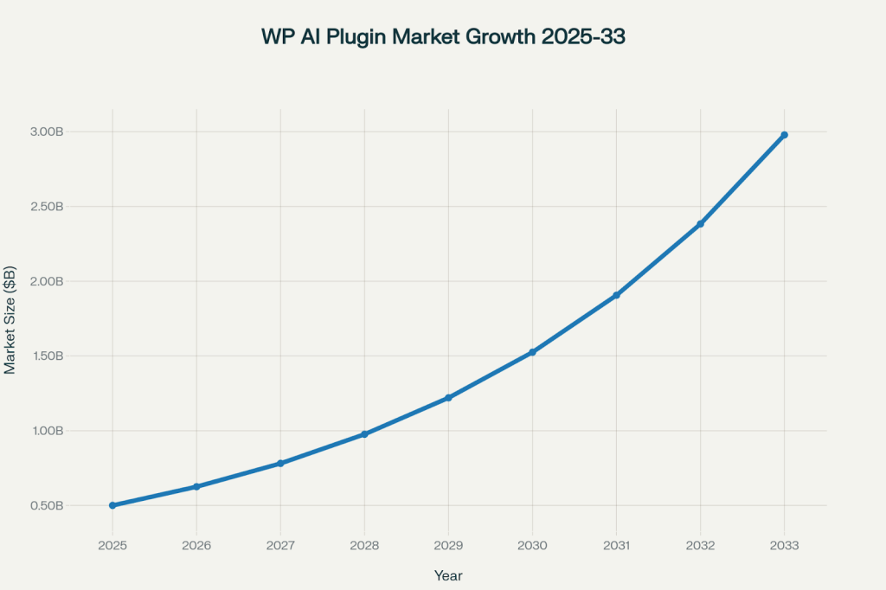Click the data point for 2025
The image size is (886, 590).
point(112,505)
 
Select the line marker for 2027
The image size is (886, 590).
point(280,464)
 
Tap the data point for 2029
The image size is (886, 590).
point(448,398)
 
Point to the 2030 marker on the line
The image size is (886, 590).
point(532,352)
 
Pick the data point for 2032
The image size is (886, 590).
point(700,224)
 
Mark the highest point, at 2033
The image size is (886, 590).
point(784,135)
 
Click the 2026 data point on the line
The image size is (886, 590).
point(196,487)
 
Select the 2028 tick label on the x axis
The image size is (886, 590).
point(364,546)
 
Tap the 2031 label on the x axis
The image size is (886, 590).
point(616,546)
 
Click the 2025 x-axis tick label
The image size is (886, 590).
point(112,546)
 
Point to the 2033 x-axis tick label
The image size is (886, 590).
point(784,546)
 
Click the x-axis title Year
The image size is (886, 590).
point(448,574)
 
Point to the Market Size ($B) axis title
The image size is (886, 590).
point(10,318)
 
